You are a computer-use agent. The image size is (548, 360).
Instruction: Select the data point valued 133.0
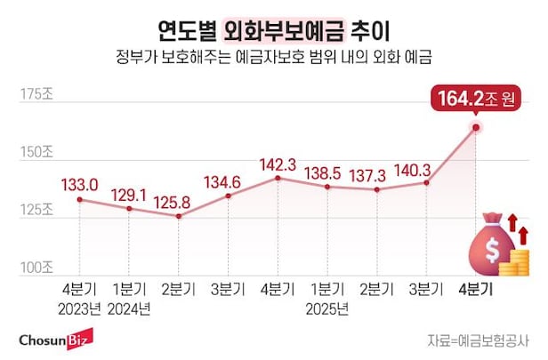point(79,199)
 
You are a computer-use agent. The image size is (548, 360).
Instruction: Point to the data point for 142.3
point(278,178)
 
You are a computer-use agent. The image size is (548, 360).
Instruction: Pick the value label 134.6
point(229,182)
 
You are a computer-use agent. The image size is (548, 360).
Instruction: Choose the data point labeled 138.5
point(327,187)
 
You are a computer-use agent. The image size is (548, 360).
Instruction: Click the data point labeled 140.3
point(427,182)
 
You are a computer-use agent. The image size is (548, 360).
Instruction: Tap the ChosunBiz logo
point(60,340)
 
